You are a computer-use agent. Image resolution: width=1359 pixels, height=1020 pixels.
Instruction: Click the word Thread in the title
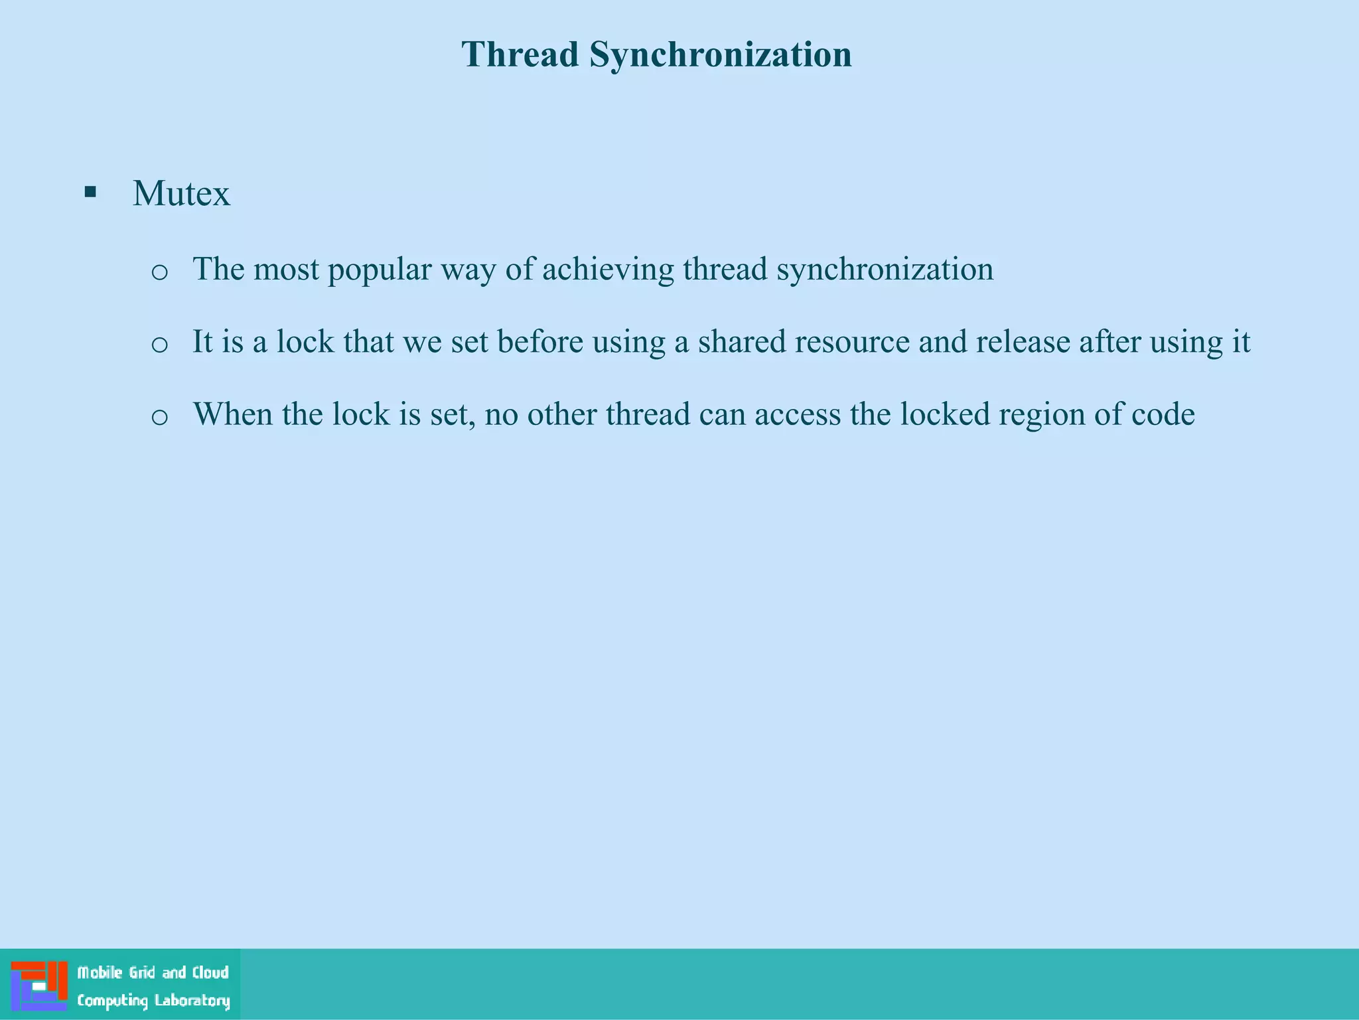(x=520, y=54)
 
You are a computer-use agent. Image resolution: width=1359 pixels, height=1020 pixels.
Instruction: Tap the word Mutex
(x=181, y=194)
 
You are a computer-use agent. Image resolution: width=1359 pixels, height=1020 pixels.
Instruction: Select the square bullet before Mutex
(x=90, y=193)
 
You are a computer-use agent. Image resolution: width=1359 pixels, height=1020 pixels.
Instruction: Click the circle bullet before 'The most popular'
(x=159, y=272)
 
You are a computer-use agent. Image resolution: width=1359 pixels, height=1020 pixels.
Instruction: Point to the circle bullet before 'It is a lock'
(x=159, y=344)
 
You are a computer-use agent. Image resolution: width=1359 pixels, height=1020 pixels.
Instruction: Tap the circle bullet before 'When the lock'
(x=159, y=417)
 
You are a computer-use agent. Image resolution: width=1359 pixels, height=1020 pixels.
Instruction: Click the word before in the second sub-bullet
(x=539, y=342)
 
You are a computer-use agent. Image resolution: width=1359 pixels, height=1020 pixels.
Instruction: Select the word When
(x=232, y=414)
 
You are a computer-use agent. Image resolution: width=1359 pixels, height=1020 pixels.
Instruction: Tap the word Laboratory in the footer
(x=192, y=1001)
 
